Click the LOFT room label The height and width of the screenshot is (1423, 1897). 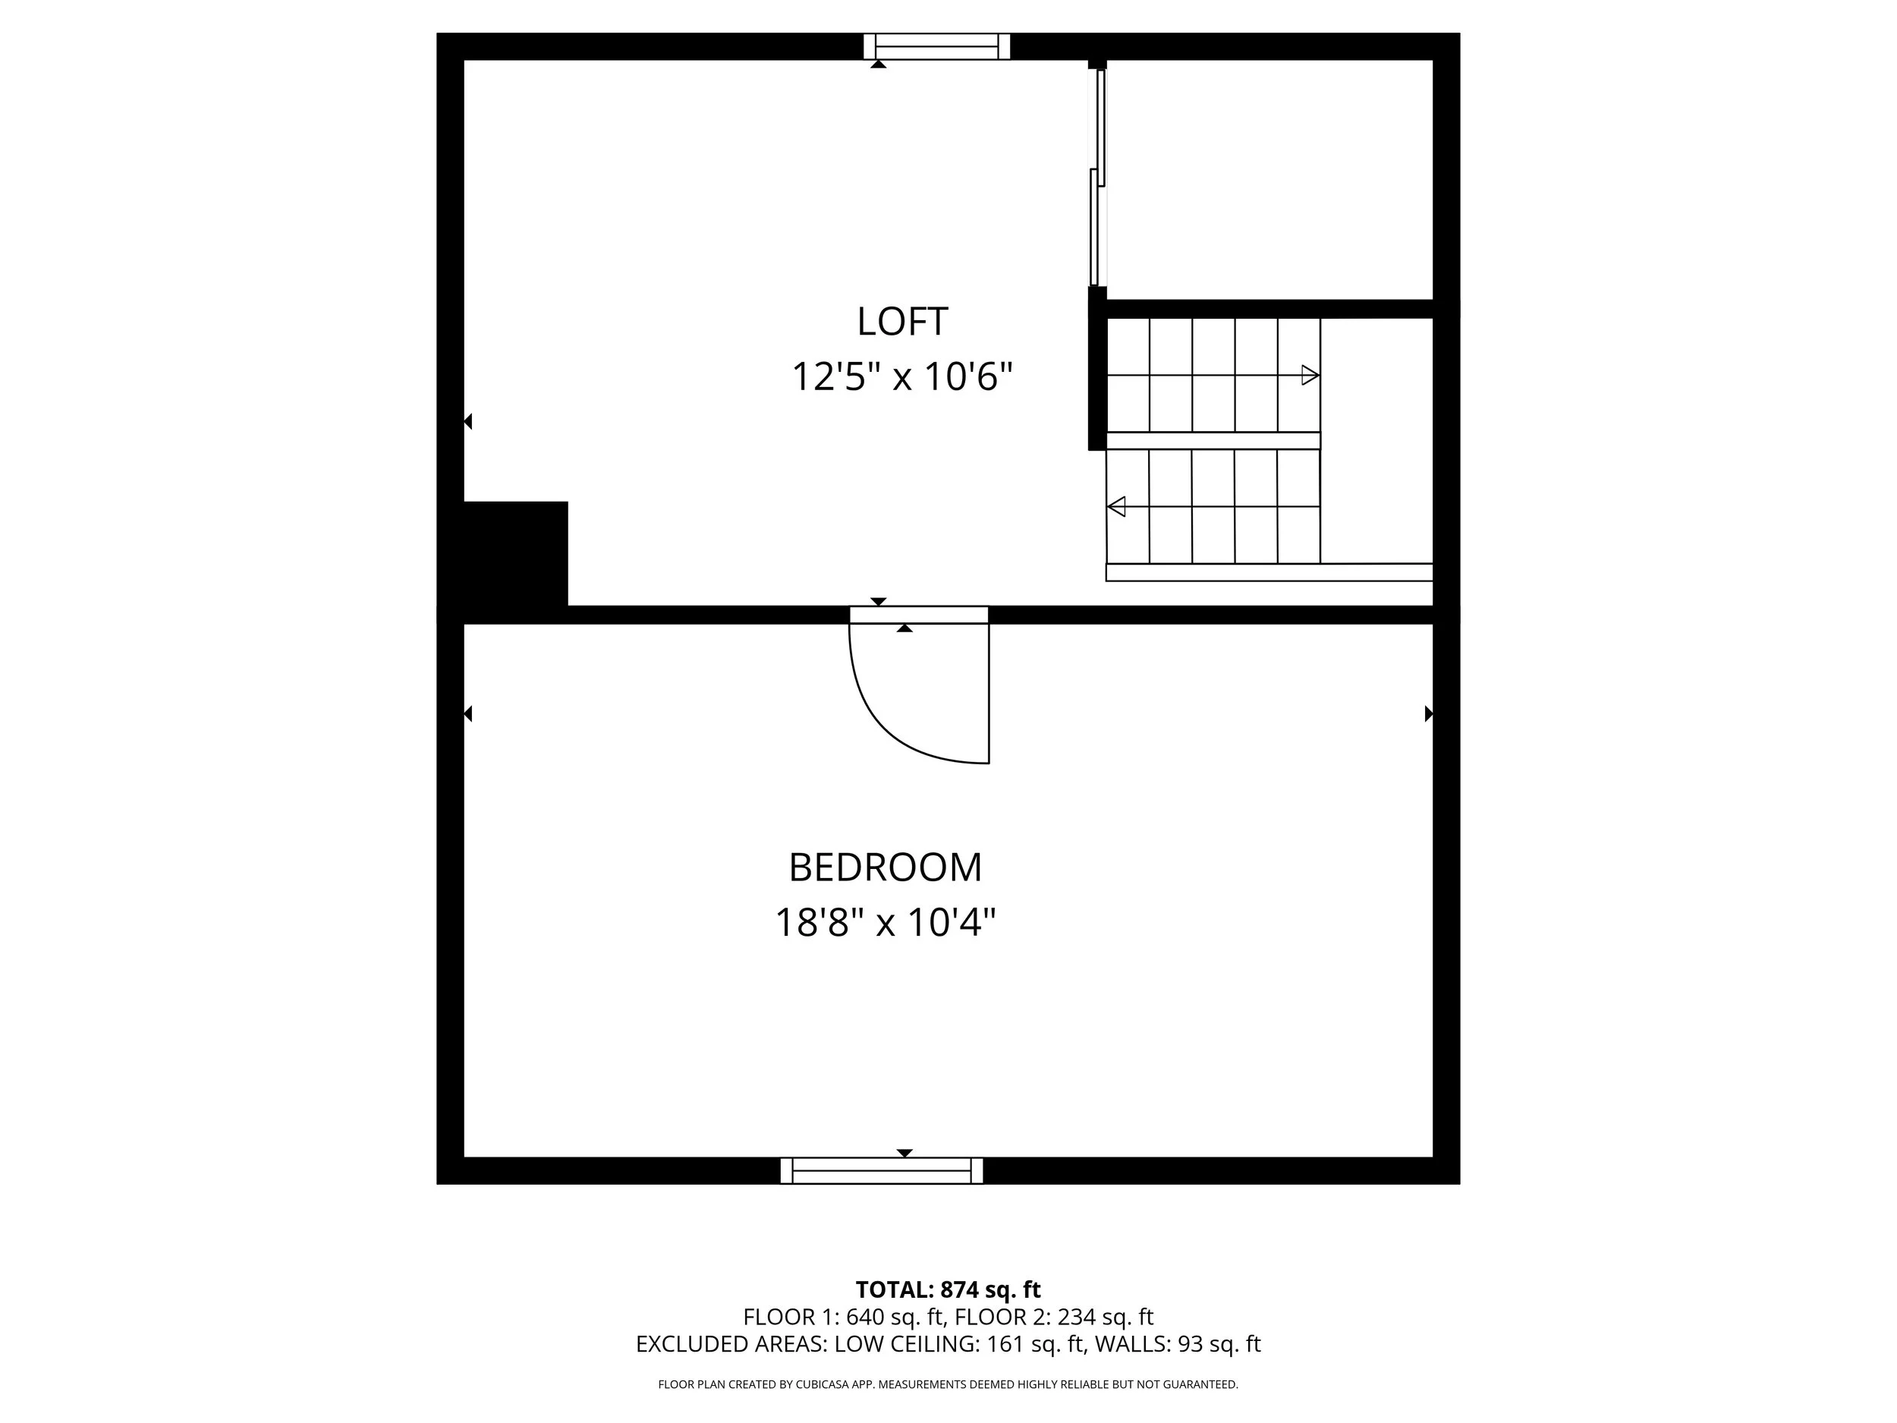pos(902,323)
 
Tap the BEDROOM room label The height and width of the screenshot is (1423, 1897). pos(885,868)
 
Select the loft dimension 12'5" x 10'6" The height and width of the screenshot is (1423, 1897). pos(902,377)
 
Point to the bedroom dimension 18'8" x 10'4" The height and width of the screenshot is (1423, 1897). pos(885,924)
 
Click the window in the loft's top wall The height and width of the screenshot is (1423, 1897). pos(936,46)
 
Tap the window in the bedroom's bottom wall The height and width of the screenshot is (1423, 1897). pos(882,1170)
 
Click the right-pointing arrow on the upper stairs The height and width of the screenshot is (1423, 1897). pos(1310,375)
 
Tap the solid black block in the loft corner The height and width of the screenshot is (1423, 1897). pos(514,554)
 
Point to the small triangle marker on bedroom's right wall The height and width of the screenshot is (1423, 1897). pos(1429,713)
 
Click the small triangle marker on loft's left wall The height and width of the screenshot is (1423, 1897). pos(468,422)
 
